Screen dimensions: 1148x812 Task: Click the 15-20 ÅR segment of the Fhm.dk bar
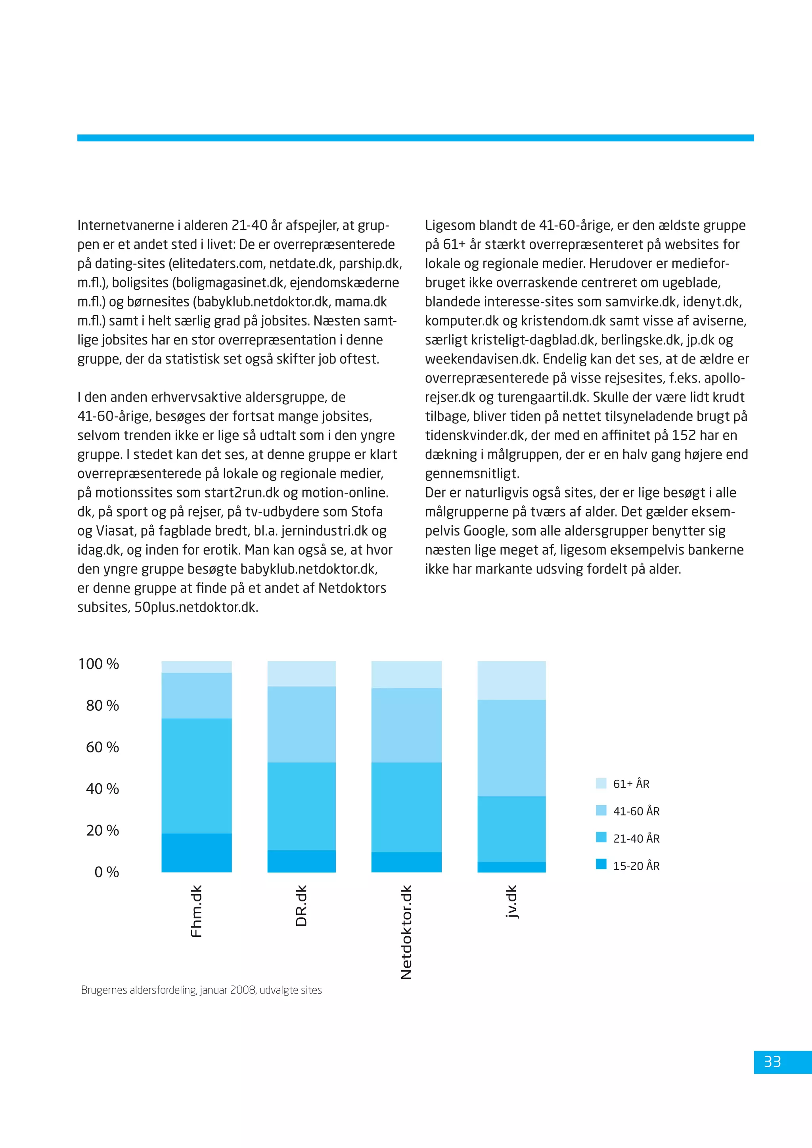[197, 853]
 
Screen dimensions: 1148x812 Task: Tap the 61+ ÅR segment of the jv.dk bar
[511, 680]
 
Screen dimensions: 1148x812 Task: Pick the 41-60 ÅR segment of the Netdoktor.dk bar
[406, 725]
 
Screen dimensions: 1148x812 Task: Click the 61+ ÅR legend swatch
[601, 783]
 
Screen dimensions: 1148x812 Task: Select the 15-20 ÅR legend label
[636, 866]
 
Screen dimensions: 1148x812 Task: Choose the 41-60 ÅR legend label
[636, 811]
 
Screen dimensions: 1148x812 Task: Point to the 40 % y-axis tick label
[103, 789]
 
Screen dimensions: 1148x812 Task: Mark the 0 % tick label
[107, 872]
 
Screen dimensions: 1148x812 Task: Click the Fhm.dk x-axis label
[197, 911]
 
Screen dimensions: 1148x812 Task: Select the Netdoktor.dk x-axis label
[406, 932]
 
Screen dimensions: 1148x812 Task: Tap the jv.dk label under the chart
[511, 902]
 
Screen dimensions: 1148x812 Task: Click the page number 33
[772, 1062]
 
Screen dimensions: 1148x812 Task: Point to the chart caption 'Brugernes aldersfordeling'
[201, 990]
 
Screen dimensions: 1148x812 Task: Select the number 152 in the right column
[684, 436]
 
